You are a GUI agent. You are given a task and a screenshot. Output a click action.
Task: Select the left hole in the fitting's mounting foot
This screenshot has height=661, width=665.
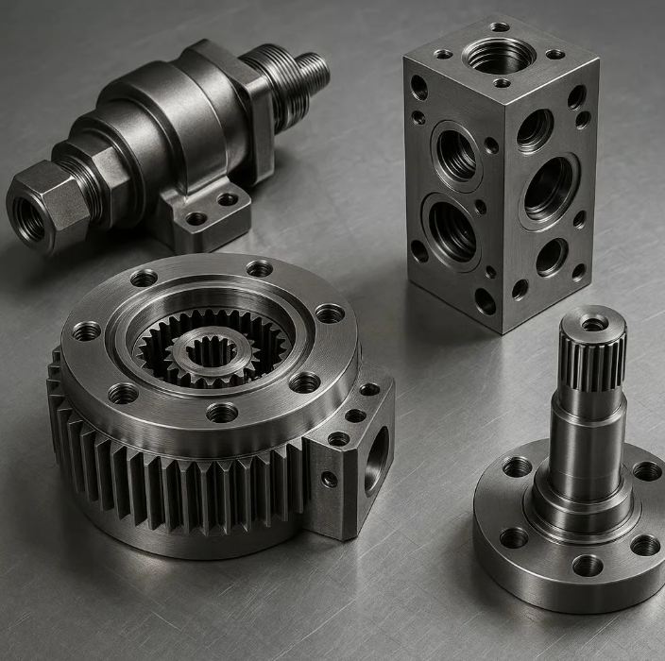pos(196,219)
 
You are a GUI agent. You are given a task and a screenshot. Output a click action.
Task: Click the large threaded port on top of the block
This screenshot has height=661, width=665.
pos(499,56)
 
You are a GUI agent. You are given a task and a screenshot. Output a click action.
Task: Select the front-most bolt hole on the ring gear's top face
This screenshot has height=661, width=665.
pos(222,413)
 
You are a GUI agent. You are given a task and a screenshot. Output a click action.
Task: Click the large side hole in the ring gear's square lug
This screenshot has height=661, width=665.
pos(376,459)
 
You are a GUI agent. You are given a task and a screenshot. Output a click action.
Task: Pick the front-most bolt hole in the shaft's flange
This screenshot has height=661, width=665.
pos(587,566)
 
